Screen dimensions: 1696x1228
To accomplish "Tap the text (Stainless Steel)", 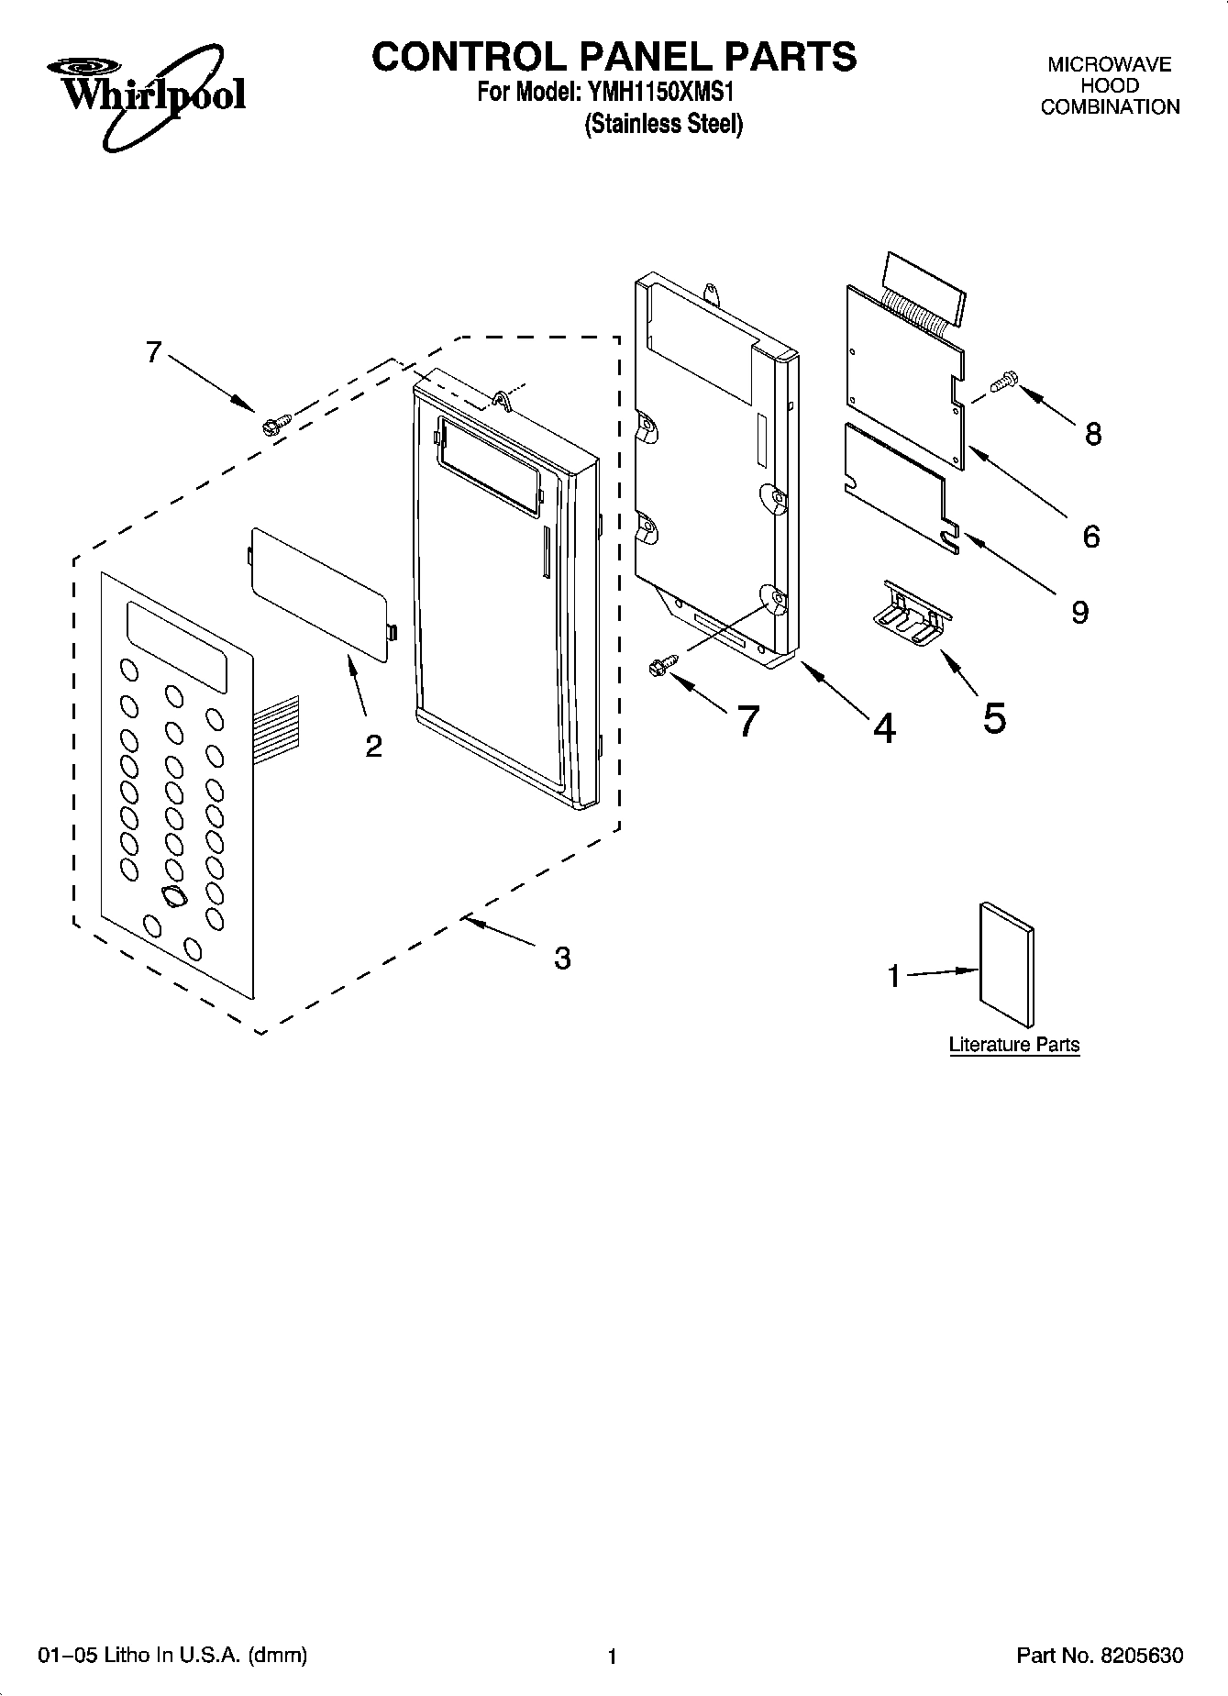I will pyautogui.click(x=663, y=124).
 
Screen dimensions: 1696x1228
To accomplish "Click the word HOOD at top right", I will pyautogui.click(x=1110, y=85).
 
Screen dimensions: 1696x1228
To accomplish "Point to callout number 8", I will pyautogui.click(x=1092, y=434).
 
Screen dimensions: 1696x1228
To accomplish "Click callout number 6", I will pyautogui.click(x=1090, y=537).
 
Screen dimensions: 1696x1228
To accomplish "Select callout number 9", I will pyautogui.click(x=1080, y=612).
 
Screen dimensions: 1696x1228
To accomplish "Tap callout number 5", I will pyautogui.click(x=994, y=717).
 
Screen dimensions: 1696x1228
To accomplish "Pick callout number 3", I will pyautogui.click(x=562, y=959).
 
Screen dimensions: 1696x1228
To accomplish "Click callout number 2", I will pyautogui.click(x=373, y=747).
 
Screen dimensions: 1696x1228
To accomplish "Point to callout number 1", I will pyautogui.click(x=894, y=978).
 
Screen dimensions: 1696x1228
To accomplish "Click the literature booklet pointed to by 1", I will pyautogui.click(x=1007, y=963).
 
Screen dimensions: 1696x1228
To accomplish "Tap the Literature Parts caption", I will pyautogui.click(x=1013, y=1044).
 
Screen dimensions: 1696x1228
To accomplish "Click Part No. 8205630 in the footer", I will pyautogui.click(x=1100, y=1656).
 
